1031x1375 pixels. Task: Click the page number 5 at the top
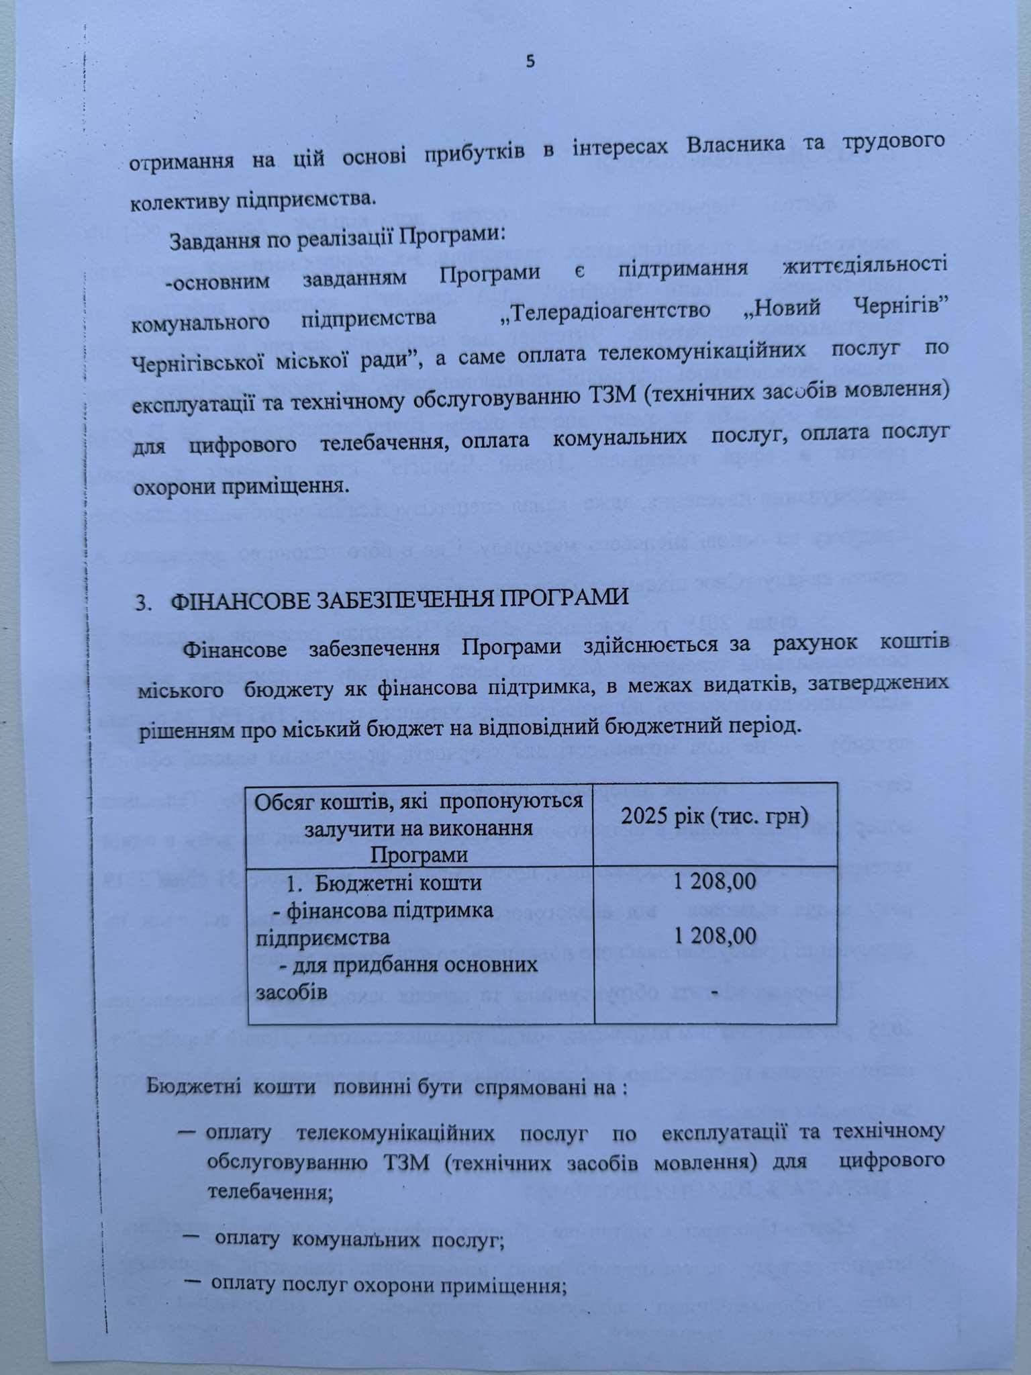tap(531, 62)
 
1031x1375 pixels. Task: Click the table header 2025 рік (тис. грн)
tap(714, 816)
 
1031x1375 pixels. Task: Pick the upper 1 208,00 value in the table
tap(715, 881)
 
